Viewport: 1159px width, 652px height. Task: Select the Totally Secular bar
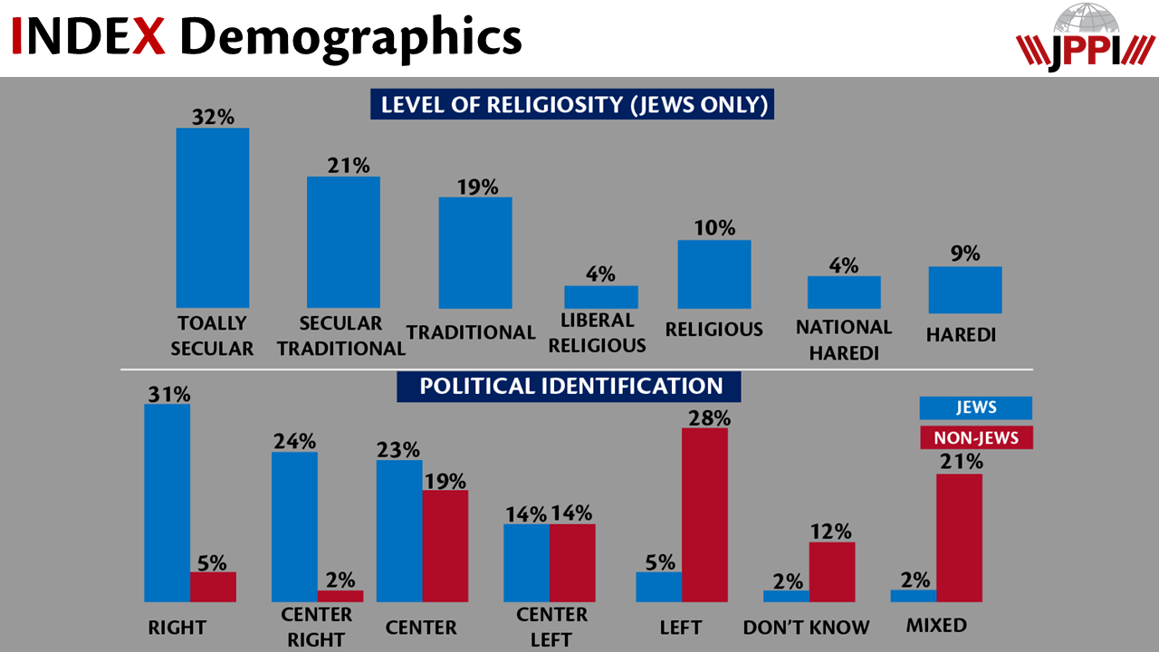tap(212, 217)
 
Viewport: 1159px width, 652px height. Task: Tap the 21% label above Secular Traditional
tap(349, 165)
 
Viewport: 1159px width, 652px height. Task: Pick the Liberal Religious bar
tap(601, 297)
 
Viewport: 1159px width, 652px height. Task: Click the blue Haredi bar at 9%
tap(965, 290)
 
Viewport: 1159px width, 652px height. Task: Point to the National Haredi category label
tap(844, 340)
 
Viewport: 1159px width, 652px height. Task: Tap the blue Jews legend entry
tap(976, 408)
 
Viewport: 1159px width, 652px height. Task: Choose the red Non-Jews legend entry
tap(976, 438)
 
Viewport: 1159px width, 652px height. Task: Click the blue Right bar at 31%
tap(168, 503)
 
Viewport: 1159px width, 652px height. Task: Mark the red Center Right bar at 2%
tap(340, 596)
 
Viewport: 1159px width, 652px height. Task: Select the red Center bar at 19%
tap(445, 546)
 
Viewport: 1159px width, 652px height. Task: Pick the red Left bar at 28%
tap(704, 514)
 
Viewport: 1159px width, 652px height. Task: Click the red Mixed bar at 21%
tap(959, 538)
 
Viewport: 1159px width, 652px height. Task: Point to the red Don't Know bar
tap(832, 571)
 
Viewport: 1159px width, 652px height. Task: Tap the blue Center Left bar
tap(526, 562)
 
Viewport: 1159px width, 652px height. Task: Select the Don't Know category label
tap(806, 627)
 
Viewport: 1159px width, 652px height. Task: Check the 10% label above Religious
tap(714, 227)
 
